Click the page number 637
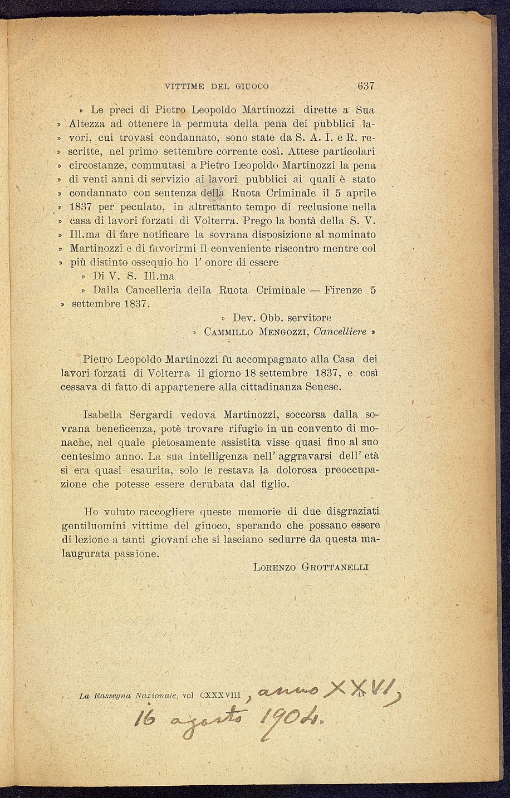click(x=365, y=86)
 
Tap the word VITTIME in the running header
click(x=185, y=87)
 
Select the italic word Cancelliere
click(x=340, y=332)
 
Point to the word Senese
click(x=322, y=387)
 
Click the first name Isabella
click(x=102, y=415)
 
